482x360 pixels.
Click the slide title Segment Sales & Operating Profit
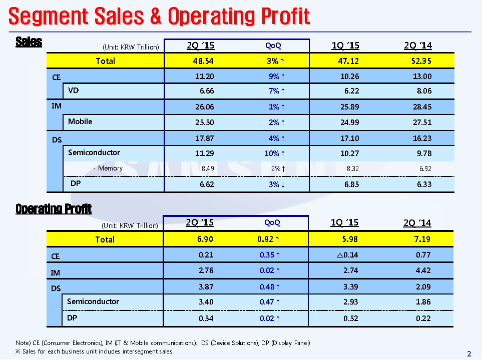click(159, 16)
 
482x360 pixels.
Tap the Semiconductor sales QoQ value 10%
click(275, 153)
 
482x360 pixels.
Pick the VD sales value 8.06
click(421, 91)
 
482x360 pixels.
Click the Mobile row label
click(80, 121)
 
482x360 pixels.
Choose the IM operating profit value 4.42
click(421, 271)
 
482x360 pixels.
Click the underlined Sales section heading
click(29, 42)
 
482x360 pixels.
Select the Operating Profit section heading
click(54, 208)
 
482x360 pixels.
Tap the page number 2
click(469, 354)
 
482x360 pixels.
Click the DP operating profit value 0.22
click(421, 318)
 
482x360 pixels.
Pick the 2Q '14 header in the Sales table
click(417, 45)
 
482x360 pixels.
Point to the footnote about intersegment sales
click(95, 351)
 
